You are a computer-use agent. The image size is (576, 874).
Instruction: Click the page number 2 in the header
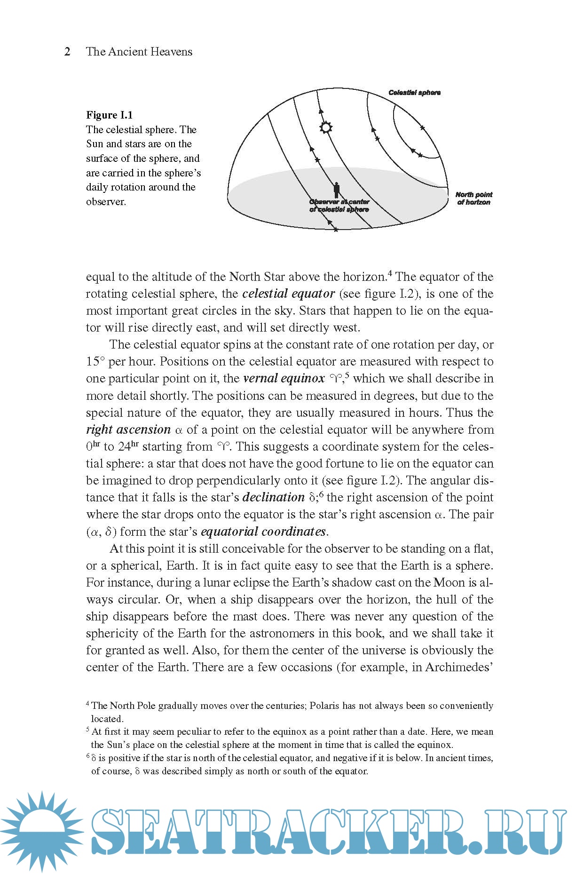tap(67, 52)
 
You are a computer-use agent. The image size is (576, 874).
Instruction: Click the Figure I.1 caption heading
tap(109, 115)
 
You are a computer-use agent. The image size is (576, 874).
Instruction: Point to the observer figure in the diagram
tap(336, 190)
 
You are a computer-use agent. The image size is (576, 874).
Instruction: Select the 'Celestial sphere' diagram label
tap(414, 93)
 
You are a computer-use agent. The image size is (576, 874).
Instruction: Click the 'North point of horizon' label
tap(473, 199)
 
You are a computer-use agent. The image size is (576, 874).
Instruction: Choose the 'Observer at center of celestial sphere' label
tap(339, 206)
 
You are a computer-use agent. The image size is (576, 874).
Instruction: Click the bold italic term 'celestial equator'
tap(288, 294)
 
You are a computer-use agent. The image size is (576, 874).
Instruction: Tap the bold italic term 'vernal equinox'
tap(284, 379)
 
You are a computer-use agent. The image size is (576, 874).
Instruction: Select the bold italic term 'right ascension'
tap(128, 430)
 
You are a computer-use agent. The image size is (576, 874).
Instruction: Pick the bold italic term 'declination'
tap(273, 498)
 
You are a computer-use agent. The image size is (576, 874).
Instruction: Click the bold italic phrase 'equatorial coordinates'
tap(263, 532)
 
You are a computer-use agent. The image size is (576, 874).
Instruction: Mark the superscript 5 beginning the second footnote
tap(88, 730)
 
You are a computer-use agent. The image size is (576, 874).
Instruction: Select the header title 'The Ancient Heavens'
tap(139, 52)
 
